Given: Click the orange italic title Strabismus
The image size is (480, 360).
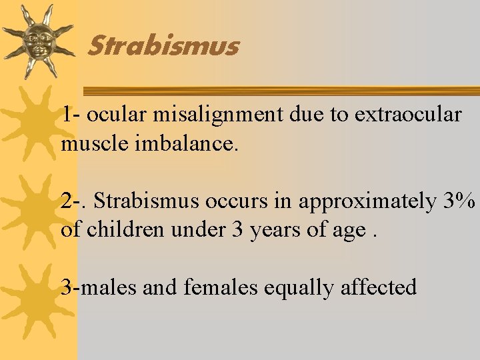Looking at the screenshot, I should pos(163,47).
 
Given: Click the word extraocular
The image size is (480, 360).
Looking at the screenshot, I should pos(408,115).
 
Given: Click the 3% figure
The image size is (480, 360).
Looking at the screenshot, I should pos(459,201).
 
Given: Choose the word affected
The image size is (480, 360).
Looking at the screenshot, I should pos(379,288).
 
